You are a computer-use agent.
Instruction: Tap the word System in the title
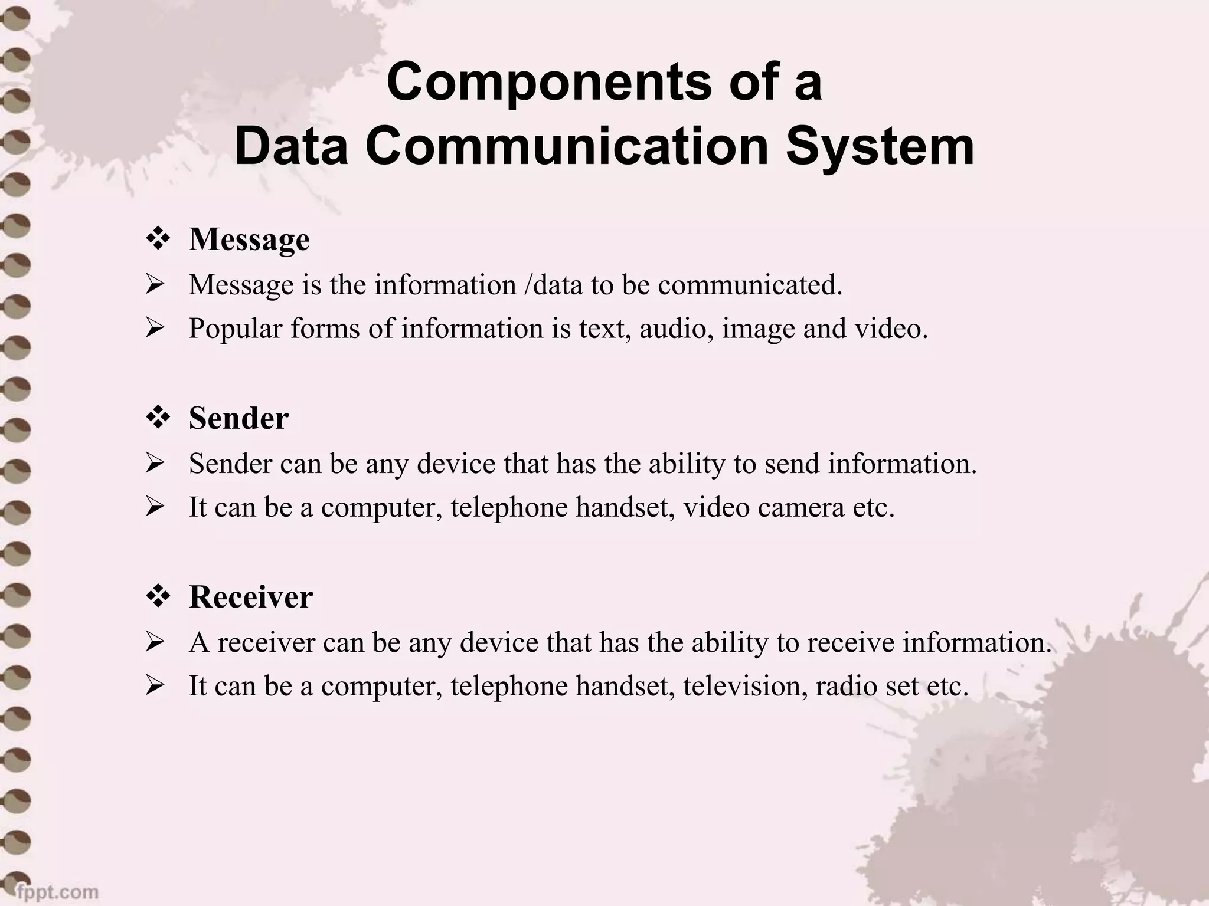(880, 146)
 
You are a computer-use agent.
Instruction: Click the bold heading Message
(249, 239)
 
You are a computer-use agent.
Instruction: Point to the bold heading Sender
(238, 418)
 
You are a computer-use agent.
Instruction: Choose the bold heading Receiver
(251, 597)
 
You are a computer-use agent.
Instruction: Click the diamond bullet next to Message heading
(158, 239)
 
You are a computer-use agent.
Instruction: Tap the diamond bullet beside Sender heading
(158, 418)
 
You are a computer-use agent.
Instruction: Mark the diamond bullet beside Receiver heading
(158, 597)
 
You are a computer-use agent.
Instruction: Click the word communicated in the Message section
(750, 285)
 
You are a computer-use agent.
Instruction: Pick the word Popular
(236, 329)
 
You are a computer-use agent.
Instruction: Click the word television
(746, 686)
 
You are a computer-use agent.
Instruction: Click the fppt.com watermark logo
(57, 891)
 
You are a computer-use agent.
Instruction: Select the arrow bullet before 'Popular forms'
(155, 329)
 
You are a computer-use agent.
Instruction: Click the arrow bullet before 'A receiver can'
(155, 642)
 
